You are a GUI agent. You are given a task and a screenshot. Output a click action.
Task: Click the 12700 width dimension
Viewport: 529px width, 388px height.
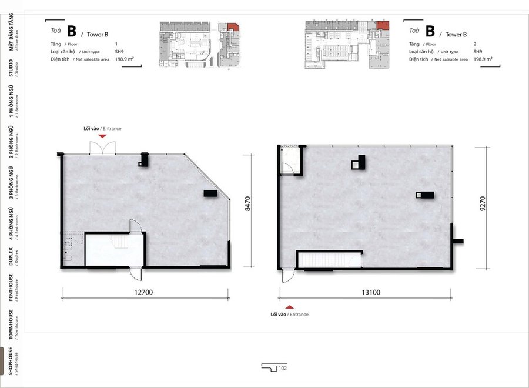point(144,292)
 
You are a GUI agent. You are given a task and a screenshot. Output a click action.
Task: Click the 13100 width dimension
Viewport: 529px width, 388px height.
point(371,292)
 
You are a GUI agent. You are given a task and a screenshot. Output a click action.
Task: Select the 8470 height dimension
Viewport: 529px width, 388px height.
point(247,204)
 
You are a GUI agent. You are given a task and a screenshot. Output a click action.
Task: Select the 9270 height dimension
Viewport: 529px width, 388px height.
point(483,204)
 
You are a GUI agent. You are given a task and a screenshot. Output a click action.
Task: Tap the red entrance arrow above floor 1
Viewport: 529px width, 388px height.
point(102,136)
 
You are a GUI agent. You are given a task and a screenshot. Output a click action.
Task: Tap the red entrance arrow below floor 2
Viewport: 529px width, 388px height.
point(289,307)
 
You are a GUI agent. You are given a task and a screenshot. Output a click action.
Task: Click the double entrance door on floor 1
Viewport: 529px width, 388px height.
point(102,148)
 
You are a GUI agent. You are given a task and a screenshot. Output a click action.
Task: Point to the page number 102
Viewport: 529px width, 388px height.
point(283,368)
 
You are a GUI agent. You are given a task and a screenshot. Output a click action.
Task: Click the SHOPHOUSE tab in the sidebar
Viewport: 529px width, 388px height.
point(11,361)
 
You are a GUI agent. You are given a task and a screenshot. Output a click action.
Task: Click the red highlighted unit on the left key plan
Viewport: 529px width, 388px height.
point(233,27)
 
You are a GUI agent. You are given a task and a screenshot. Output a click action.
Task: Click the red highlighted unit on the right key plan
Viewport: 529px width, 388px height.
point(383,25)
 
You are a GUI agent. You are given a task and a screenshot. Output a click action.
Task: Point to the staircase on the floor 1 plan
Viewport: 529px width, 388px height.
point(118,242)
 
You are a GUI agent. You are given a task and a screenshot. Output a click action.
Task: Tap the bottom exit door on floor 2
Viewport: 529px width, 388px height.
point(288,275)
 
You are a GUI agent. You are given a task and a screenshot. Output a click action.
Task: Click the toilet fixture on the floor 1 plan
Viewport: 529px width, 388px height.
point(68,259)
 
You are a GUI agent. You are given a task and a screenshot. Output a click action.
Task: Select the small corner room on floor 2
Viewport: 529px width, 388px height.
point(290,160)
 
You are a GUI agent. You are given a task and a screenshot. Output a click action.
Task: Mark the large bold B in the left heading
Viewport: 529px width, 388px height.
point(72,31)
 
